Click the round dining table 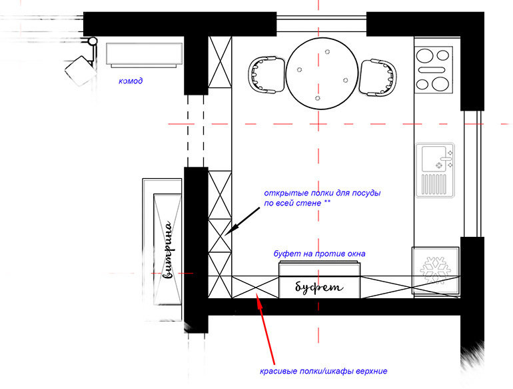pos(322,73)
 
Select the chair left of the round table pos(266,75)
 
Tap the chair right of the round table pos(378,77)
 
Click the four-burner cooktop pos(434,70)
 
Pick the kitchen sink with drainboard pos(435,170)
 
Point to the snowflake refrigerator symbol pos(435,270)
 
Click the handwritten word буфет pos(319,288)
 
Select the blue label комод pos(131,81)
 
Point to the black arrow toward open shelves pos(242,222)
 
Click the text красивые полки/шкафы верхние pos(324,371)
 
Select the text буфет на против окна pos(319,254)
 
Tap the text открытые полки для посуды pos(322,193)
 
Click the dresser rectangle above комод pos(144,55)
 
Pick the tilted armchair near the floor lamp pos(79,71)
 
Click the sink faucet pos(446,159)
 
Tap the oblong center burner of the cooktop pos(432,69)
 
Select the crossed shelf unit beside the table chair pos(220,62)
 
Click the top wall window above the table pos(321,24)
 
